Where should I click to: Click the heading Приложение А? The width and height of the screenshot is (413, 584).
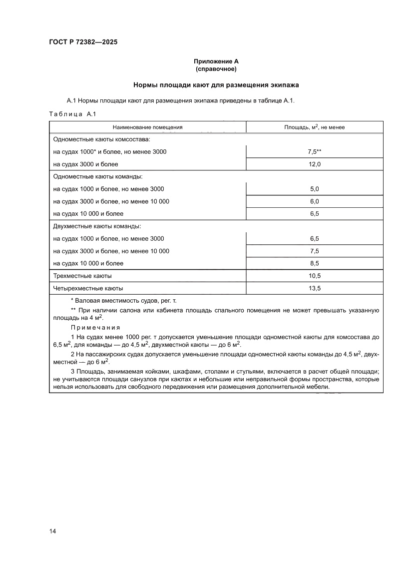pos(216,61)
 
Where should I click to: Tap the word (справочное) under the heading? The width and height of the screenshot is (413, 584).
pos(216,69)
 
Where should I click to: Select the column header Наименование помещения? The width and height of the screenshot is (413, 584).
pos(147,127)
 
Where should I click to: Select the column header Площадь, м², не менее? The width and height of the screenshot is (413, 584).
pos(315,127)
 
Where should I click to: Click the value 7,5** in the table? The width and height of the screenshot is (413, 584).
pos(315,151)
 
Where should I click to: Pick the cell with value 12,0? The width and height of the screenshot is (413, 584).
pos(315,164)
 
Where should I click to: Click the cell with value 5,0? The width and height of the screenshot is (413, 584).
pos(315,189)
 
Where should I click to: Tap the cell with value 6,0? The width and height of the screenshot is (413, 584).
pos(315,201)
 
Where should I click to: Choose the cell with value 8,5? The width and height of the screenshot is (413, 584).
pos(315,263)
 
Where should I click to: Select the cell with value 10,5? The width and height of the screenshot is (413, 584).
pos(315,276)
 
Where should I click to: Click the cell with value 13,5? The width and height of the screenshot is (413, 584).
pos(315,288)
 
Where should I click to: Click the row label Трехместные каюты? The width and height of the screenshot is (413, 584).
pos(82,276)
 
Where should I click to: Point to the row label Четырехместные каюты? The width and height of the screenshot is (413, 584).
pos(88,288)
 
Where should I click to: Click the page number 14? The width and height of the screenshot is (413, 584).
pos(52,531)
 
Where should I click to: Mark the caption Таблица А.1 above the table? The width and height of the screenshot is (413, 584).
pos(72,114)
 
